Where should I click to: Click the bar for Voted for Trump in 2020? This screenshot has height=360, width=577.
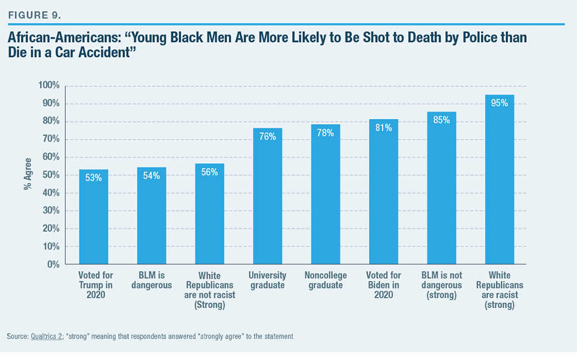93,219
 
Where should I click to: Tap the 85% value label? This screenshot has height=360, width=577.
441,122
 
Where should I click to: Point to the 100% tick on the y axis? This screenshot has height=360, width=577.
48,86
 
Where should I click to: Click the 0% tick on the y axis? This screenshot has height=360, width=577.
51,265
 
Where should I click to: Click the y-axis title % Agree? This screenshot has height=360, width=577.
28,175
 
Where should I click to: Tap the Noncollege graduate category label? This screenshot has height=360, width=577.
325,281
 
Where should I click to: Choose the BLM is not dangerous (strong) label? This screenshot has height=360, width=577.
441,286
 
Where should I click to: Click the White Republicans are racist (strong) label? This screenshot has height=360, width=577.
499,290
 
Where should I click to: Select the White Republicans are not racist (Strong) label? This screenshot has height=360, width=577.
209,290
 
